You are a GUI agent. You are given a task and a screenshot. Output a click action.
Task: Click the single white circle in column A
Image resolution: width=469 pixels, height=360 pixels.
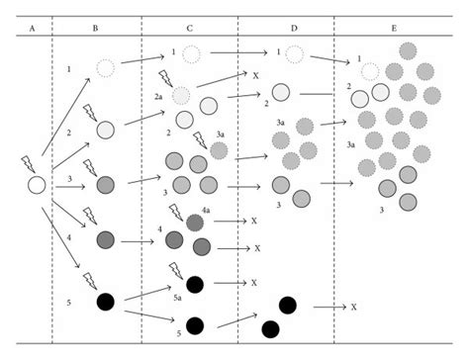pyautogui.click(x=37, y=185)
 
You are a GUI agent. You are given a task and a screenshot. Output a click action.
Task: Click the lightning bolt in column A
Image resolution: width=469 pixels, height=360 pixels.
pyautogui.click(x=27, y=164)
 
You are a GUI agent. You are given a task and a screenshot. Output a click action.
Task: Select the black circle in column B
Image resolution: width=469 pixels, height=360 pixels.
pyautogui.click(x=105, y=301)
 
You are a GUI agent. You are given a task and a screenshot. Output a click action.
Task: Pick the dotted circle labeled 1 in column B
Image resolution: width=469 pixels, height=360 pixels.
pyautogui.click(x=106, y=68)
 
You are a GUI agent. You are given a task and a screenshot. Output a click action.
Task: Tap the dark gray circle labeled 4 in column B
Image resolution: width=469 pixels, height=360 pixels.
pyautogui.click(x=107, y=239)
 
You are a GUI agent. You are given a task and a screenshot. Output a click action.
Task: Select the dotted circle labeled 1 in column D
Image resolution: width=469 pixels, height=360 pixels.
pyautogui.click(x=295, y=53)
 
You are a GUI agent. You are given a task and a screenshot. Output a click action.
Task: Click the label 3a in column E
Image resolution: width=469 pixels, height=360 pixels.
pyautogui.click(x=350, y=145)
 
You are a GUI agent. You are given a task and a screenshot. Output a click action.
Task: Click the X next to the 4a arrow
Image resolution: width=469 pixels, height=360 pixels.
pyautogui.click(x=254, y=222)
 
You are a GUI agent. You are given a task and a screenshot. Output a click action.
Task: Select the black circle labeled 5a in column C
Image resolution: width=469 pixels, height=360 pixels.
pyautogui.click(x=196, y=285)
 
